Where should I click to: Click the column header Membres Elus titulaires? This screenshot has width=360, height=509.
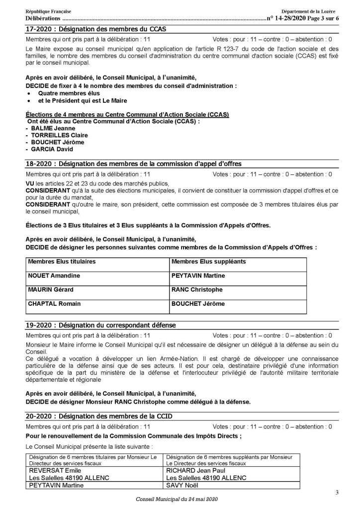62,261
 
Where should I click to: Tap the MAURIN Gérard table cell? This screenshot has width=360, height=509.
51,289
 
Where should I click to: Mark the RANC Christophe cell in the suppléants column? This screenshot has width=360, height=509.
196,289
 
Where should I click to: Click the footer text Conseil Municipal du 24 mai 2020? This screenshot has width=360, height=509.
176,499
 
